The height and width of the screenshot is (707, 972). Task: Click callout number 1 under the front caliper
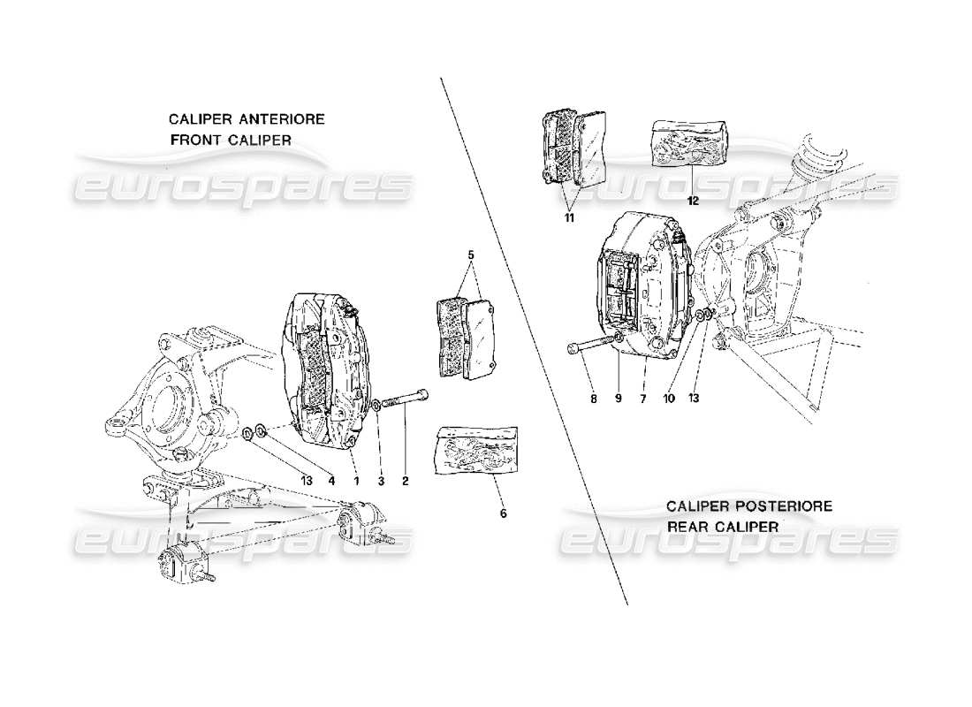tap(356, 482)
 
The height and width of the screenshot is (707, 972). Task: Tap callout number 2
tap(405, 482)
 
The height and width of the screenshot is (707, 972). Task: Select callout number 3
tap(381, 482)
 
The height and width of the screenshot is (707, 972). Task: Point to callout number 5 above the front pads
tap(472, 255)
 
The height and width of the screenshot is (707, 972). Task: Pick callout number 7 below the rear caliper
tap(643, 399)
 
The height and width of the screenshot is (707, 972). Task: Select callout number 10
tap(669, 399)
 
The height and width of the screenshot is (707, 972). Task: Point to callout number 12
tap(693, 201)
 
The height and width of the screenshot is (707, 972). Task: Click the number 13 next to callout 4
tap(306, 482)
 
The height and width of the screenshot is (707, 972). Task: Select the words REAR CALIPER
tap(722, 526)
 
